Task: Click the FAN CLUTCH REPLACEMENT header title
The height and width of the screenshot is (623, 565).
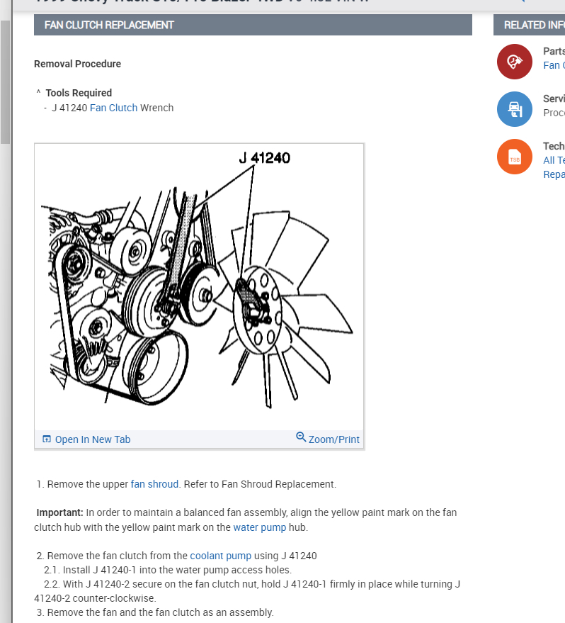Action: point(109,25)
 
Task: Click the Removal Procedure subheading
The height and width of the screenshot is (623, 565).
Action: point(77,64)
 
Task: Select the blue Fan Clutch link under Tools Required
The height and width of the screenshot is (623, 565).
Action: point(113,108)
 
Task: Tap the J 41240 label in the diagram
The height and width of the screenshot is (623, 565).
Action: point(264,158)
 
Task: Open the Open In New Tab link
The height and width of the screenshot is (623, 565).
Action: point(92,439)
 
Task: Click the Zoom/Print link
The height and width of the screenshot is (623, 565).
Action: point(333,439)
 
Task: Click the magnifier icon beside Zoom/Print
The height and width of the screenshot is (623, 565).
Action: point(301,437)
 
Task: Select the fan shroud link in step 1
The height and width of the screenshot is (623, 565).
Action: point(154,484)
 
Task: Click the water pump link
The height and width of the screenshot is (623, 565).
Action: point(259,527)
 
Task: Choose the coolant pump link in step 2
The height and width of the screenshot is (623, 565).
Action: point(220,556)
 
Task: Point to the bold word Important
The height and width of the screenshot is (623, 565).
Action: point(59,512)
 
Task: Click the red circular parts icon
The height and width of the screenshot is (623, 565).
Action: point(515,62)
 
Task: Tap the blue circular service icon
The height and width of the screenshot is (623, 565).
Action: point(515,109)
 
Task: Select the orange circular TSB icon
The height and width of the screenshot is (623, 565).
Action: point(515,157)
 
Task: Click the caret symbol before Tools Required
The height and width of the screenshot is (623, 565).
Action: point(38,93)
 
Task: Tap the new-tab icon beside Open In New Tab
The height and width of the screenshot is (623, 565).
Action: point(47,439)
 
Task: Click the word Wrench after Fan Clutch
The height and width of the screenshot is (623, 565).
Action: point(156,108)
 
